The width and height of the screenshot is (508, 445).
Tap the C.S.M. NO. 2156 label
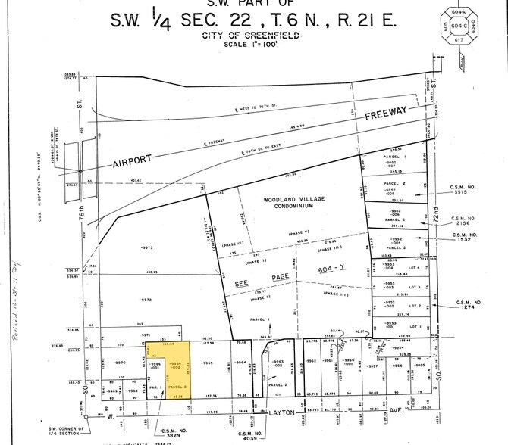coord(464,219)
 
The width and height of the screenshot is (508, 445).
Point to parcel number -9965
coord(206,364)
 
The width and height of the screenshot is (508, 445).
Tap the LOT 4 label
coord(414,267)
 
